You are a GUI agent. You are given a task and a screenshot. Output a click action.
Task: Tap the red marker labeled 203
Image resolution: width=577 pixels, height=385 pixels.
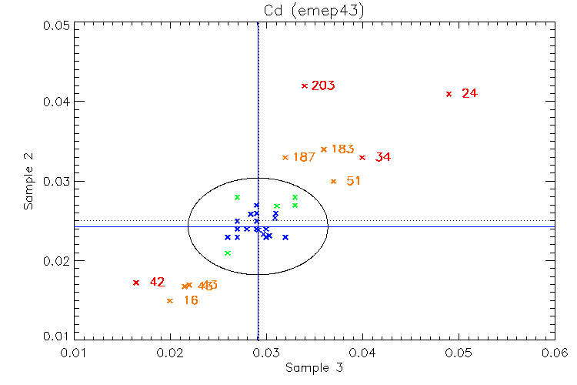click(305, 85)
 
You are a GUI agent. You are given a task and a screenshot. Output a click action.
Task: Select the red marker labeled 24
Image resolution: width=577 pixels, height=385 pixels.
click(449, 94)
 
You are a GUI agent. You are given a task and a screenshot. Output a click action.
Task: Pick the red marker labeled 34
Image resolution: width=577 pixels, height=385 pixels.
click(362, 157)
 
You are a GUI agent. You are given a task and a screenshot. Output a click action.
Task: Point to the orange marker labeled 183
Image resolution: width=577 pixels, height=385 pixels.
click(324, 149)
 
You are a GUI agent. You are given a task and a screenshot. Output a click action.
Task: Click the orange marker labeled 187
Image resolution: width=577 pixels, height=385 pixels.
click(285, 157)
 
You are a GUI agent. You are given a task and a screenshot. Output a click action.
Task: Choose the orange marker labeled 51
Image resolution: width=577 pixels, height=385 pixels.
click(333, 182)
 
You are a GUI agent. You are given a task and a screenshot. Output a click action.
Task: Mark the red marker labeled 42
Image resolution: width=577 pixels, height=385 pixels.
click(136, 283)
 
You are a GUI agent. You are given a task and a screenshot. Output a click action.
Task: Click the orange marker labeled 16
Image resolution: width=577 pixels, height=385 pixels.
click(170, 300)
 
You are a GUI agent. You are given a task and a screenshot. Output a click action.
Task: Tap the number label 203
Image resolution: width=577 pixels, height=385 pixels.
click(323, 85)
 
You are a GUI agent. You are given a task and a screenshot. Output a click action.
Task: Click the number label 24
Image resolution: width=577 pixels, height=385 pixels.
click(469, 94)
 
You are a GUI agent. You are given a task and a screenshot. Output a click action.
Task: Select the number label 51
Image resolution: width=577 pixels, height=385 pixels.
click(353, 182)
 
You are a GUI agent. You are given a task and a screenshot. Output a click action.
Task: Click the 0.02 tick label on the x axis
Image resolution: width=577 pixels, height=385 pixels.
click(170, 351)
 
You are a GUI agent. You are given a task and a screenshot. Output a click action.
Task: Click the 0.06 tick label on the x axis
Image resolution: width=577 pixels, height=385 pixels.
click(555, 351)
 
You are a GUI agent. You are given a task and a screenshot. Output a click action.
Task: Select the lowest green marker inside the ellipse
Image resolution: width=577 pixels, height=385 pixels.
click(227, 253)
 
